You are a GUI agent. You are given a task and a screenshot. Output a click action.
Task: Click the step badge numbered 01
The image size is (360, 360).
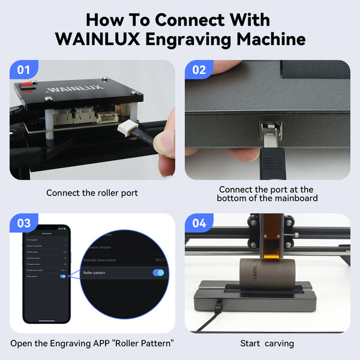pos(23,70)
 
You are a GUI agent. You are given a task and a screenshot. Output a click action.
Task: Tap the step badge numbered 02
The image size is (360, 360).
pos(199,70)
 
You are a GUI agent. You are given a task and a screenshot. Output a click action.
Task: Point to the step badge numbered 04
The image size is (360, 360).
pos(199,223)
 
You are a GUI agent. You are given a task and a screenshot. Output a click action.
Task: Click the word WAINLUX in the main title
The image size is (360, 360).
pos(103,40)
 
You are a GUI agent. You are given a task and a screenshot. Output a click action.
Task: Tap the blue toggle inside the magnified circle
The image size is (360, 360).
pos(158,273)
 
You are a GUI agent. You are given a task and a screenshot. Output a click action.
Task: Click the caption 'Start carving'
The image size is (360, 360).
pos(267,344)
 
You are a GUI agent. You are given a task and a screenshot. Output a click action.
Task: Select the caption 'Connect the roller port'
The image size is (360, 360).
pos(92,193)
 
